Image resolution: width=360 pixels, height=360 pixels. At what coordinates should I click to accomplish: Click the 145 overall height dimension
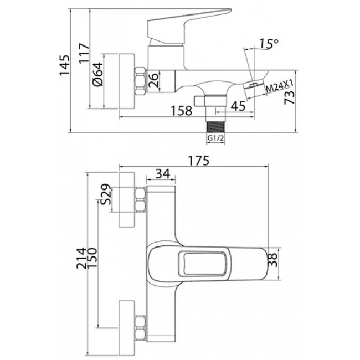(64, 65)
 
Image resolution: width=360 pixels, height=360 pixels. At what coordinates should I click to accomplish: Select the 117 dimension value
(84, 53)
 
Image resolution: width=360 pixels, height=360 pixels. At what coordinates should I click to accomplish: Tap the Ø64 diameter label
(98, 74)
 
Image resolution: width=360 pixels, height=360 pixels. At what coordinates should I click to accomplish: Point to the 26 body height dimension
(153, 80)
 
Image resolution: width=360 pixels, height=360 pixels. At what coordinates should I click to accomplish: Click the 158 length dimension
(181, 111)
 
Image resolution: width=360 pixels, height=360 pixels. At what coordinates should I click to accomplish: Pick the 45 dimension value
(238, 106)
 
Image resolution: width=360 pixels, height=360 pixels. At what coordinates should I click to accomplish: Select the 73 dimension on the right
(289, 97)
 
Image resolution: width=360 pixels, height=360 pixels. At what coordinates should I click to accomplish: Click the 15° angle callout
(269, 44)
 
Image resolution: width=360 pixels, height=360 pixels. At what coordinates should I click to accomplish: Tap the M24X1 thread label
(280, 86)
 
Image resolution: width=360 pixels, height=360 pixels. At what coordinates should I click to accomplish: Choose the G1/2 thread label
(215, 138)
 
